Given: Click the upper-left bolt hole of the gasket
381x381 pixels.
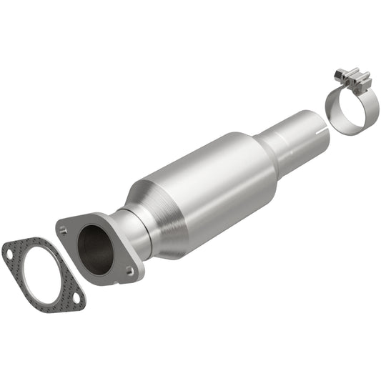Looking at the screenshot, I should click(x=9, y=251).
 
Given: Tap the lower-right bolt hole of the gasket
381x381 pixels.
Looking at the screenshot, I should click(x=75, y=303).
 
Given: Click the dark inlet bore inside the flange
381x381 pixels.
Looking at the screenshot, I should click(x=96, y=247).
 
